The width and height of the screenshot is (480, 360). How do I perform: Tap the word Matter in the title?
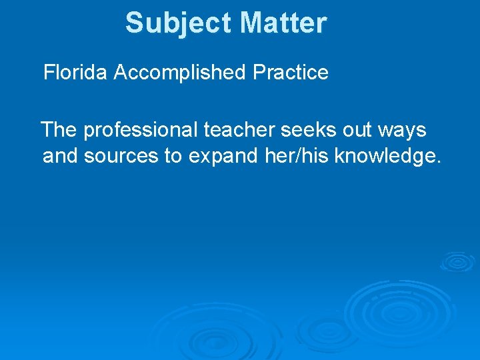(x=283, y=23)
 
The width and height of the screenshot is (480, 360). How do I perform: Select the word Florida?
(x=75, y=73)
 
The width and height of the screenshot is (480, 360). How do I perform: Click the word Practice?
(x=291, y=73)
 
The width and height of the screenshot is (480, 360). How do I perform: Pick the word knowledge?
(x=384, y=157)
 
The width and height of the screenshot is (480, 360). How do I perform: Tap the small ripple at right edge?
(x=457, y=261)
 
